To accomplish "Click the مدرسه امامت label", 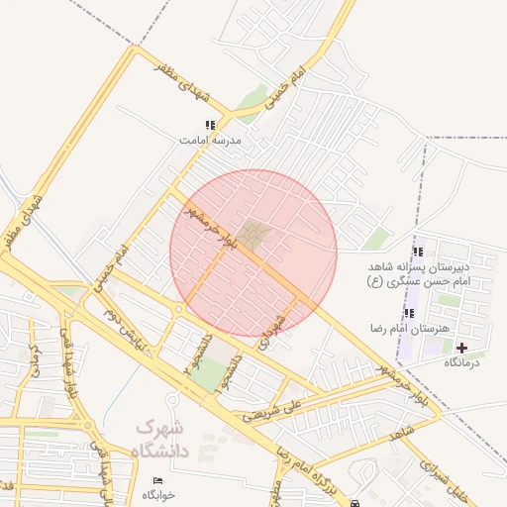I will tap(210, 141).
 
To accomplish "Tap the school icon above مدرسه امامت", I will tap(209, 126).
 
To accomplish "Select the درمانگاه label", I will tap(460, 362).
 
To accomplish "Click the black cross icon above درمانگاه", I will tap(461, 348).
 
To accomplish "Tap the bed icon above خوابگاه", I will tap(158, 480).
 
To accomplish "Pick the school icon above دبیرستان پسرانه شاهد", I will tap(417, 252).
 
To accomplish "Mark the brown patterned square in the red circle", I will tap(256, 236).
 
